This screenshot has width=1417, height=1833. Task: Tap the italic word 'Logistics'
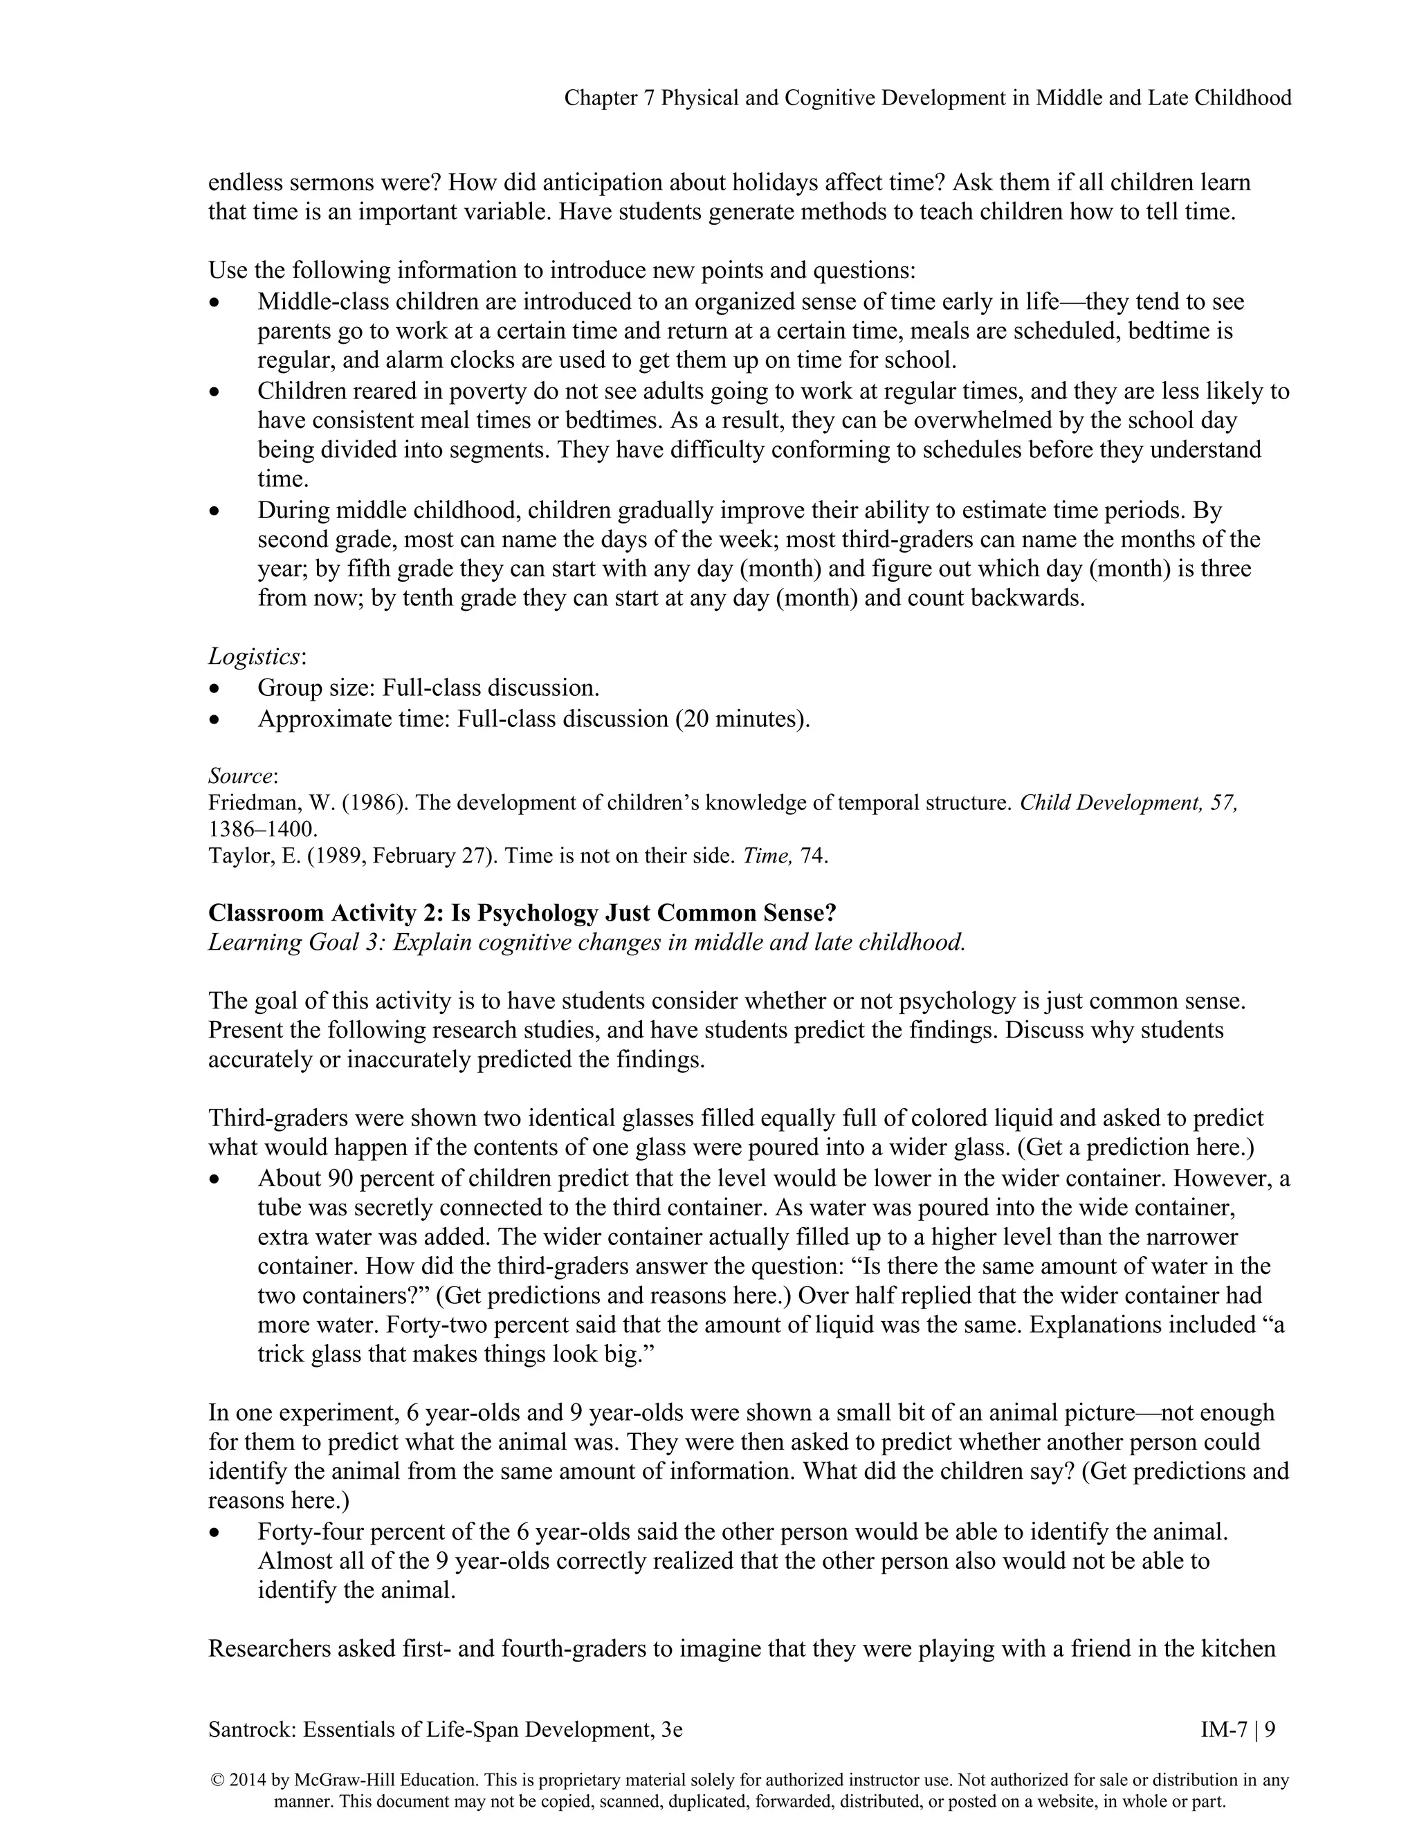(253, 656)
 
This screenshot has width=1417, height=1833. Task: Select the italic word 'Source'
(241, 775)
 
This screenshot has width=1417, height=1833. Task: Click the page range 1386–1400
(263, 829)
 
